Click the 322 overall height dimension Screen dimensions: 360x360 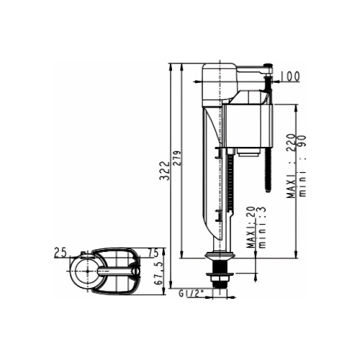[165, 171]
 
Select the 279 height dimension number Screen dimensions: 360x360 [177, 158]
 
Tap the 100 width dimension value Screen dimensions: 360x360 [290, 76]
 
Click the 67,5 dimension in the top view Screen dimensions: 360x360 [158, 273]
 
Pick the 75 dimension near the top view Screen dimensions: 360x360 [153, 253]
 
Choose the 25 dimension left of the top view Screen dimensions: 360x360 [60, 253]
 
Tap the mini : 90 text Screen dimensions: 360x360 [302, 166]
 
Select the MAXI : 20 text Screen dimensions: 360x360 [251, 227]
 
